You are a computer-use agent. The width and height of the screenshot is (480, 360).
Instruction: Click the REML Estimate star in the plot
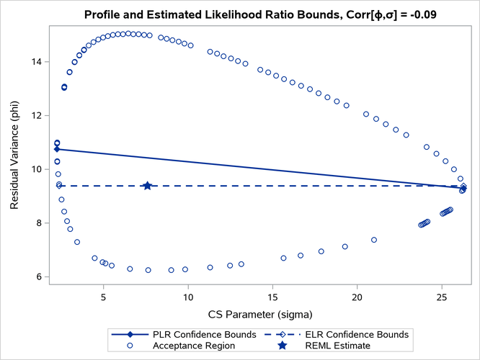[148, 186]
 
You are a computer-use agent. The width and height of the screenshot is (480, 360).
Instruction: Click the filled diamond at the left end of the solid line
[57, 149]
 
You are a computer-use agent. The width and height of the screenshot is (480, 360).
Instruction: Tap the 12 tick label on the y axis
[40, 116]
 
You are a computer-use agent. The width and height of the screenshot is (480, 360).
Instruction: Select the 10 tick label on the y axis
[40, 170]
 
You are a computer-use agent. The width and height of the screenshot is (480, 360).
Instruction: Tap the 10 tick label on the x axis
[188, 297]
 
